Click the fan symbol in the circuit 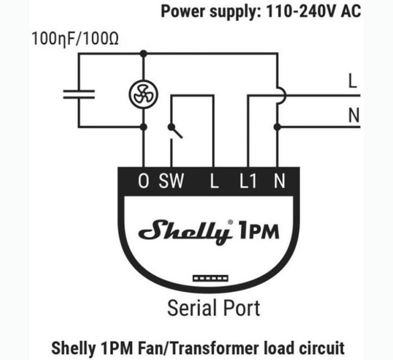click(144, 94)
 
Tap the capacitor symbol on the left click(79, 94)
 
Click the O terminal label click(144, 181)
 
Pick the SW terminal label click(171, 181)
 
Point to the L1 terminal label click(248, 181)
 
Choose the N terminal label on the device click(279, 181)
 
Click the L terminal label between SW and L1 click(214, 181)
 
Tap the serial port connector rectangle click(210, 278)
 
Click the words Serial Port click(213, 308)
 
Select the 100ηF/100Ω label click(75, 39)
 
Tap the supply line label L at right click(353, 81)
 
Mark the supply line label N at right click(354, 115)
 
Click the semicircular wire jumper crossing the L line click(282, 95)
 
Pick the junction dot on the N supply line click(277, 127)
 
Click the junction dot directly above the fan click(144, 53)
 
